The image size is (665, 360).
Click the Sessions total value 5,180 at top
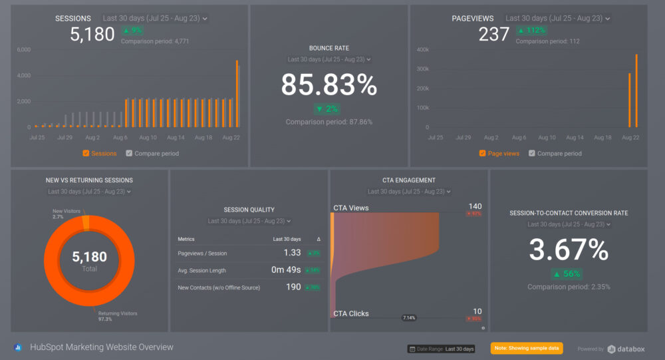92,35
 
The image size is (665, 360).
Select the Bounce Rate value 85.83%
329,85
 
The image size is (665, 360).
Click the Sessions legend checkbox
86,154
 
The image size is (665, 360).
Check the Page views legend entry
482,154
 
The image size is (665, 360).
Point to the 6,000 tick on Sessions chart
23,50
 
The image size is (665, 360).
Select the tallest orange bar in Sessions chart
237,93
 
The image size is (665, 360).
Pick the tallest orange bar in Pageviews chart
636,90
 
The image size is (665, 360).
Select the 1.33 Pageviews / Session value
291,253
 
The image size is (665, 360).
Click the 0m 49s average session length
286,270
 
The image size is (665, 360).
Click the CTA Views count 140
475,206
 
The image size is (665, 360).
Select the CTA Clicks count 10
477,311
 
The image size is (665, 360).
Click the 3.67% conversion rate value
569,250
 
